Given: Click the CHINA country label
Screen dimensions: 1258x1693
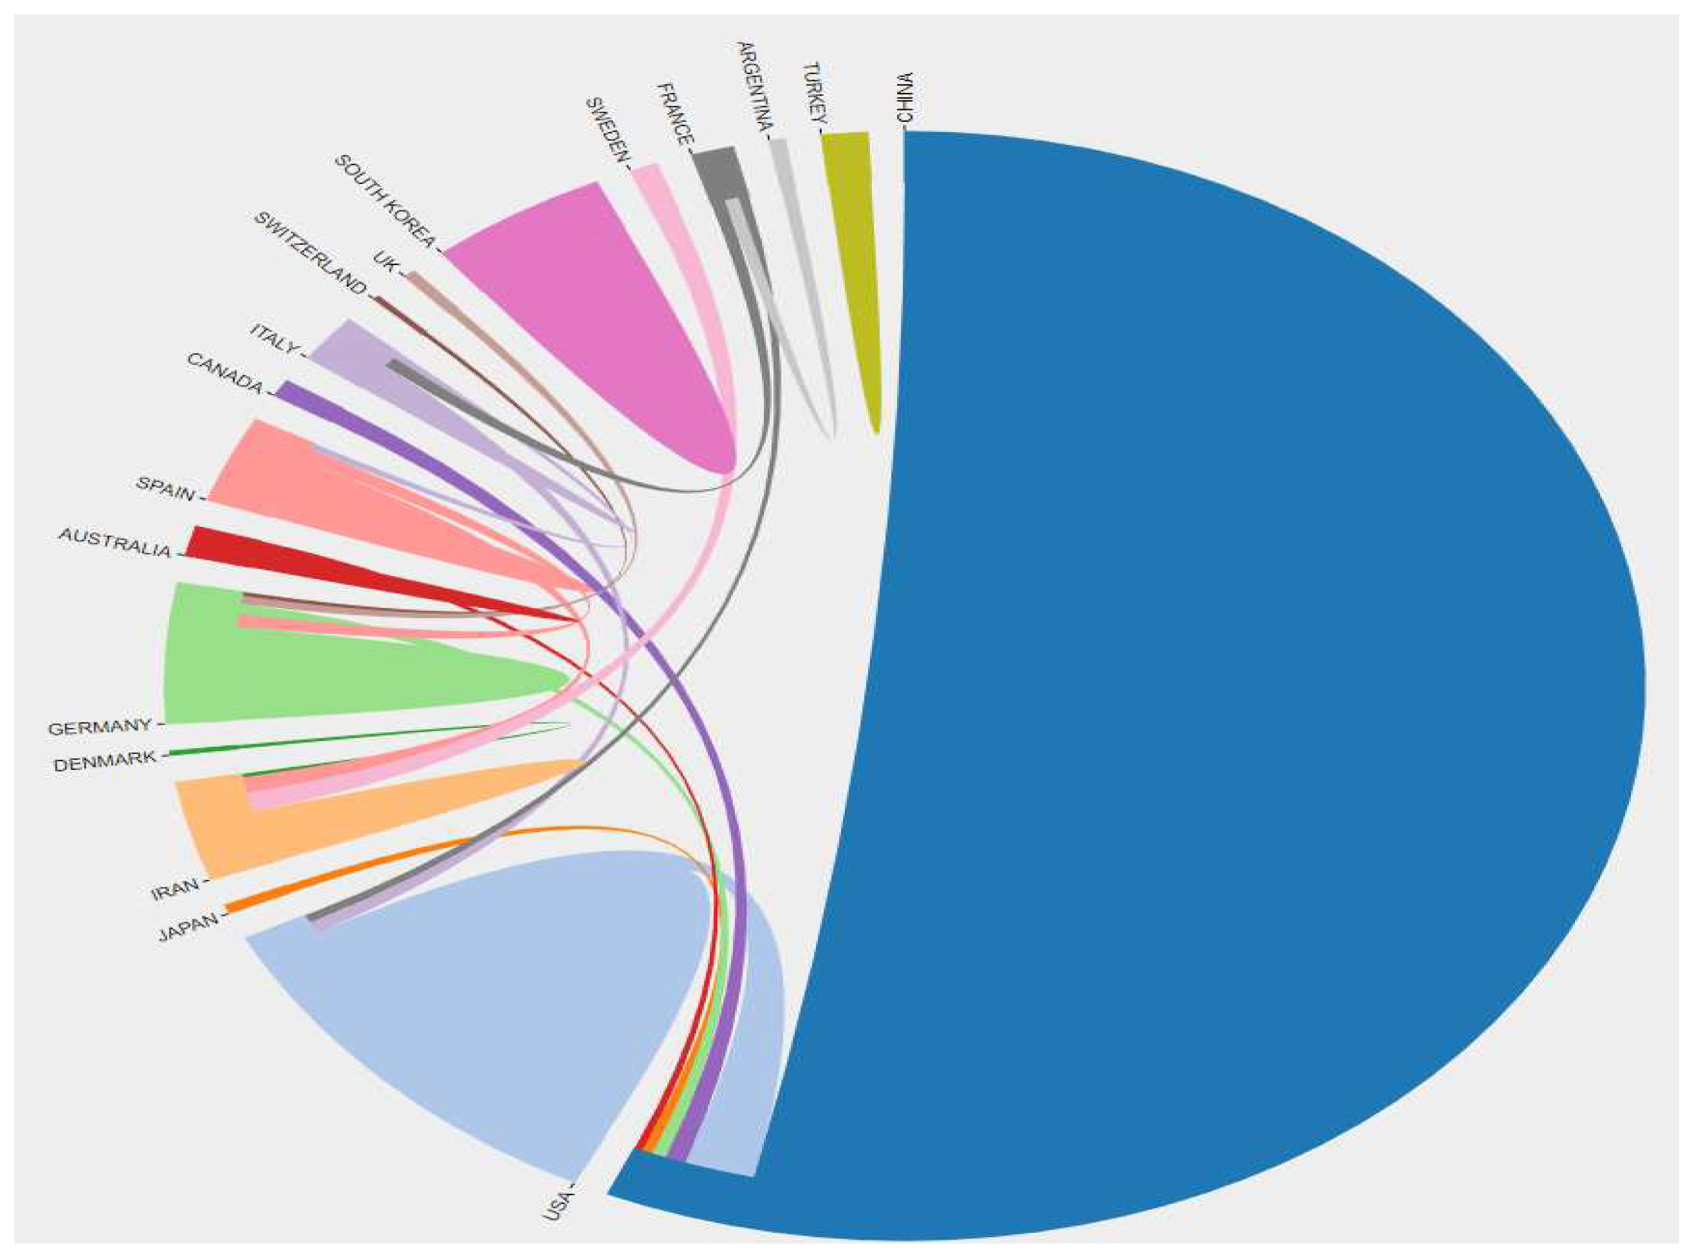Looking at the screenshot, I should (x=905, y=97).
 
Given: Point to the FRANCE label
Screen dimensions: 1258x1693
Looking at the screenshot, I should (x=675, y=114).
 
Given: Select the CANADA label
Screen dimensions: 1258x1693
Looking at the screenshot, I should (x=225, y=374).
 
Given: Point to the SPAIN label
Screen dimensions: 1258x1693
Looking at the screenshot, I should (x=165, y=488).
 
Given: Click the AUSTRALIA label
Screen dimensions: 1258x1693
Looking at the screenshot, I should (x=115, y=543).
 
